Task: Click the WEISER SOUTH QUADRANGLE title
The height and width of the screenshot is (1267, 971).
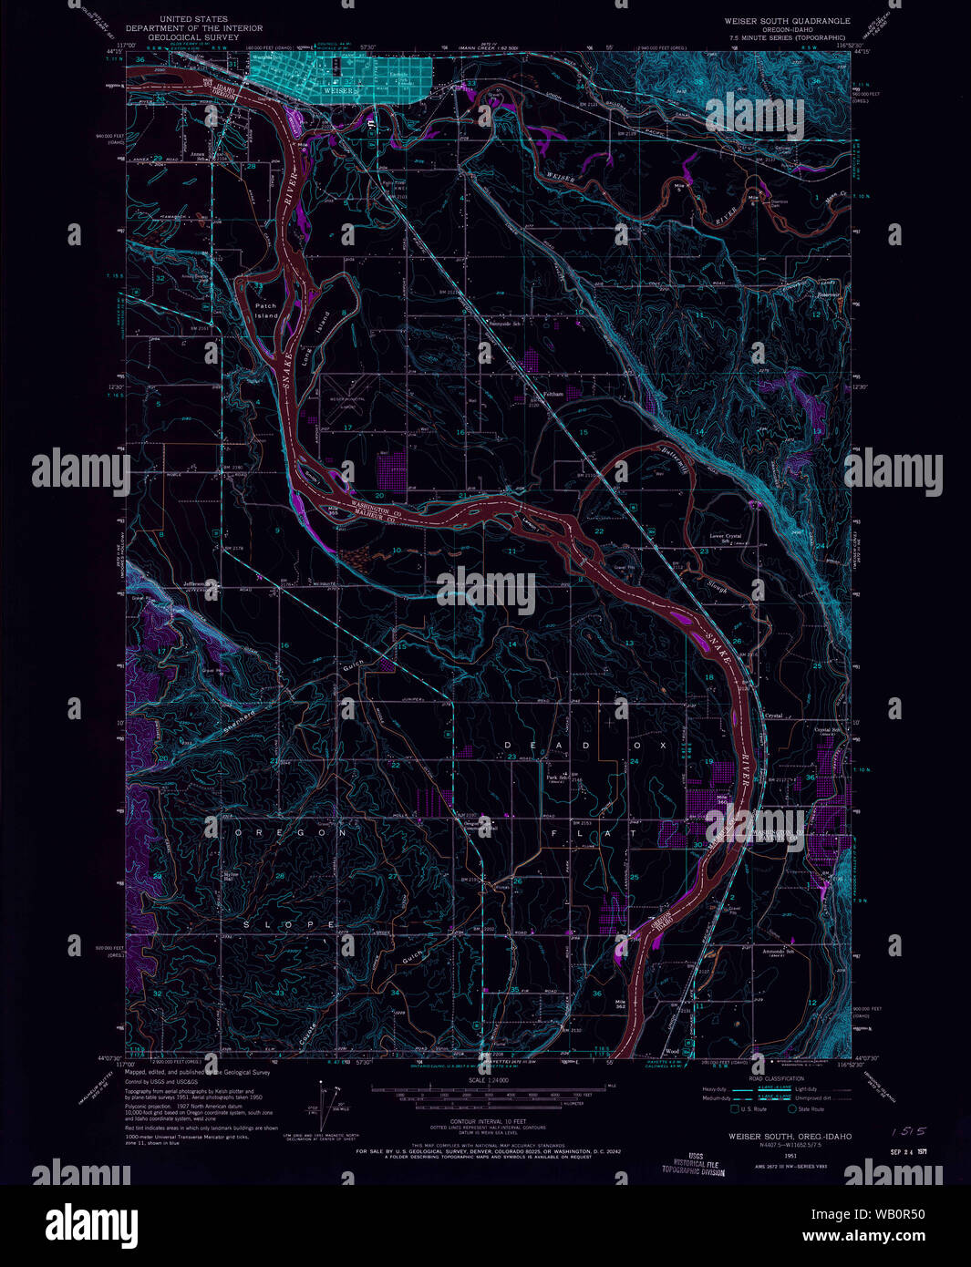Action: click(787, 20)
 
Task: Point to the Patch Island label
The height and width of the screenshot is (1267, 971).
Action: click(265, 311)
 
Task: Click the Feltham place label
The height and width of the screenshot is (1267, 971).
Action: click(553, 395)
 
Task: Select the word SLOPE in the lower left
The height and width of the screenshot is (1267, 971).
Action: click(293, 924)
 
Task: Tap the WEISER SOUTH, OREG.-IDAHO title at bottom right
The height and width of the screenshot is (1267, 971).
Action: click(790, 1137)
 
